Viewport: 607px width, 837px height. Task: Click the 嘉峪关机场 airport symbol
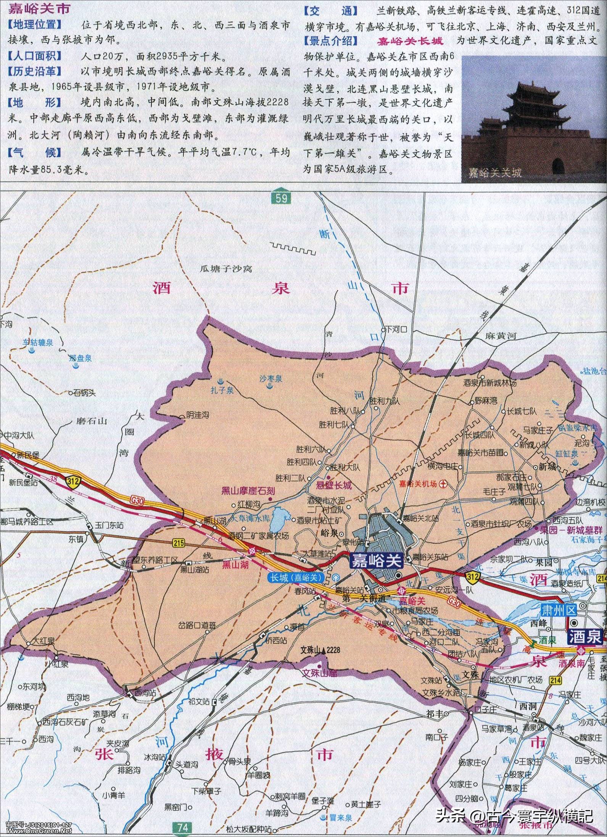pos(443,484)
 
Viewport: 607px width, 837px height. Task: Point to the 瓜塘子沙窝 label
pos(227,269)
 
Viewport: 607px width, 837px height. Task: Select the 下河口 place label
pos(398,329)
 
